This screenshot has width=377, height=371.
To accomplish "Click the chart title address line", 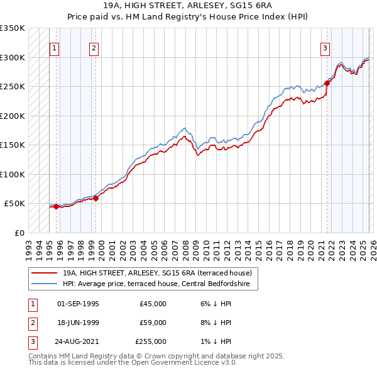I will click(x=188, y=6).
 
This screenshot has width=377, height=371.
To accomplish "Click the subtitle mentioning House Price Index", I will click(x=188, y=17).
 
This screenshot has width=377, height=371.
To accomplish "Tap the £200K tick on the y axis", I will click(x=13, y=116).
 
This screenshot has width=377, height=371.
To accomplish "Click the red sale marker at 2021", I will click(x=327, y=83).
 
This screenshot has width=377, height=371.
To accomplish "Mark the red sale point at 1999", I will click(x=96, y=198).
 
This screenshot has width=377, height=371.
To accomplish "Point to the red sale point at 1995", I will click(x=56, y=206).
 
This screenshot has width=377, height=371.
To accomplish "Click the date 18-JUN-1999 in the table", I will click(x=78, y=323).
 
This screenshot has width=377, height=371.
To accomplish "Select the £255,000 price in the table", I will click(x=151, y=341).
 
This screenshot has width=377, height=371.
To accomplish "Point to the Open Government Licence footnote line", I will click(x=133, y=363).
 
